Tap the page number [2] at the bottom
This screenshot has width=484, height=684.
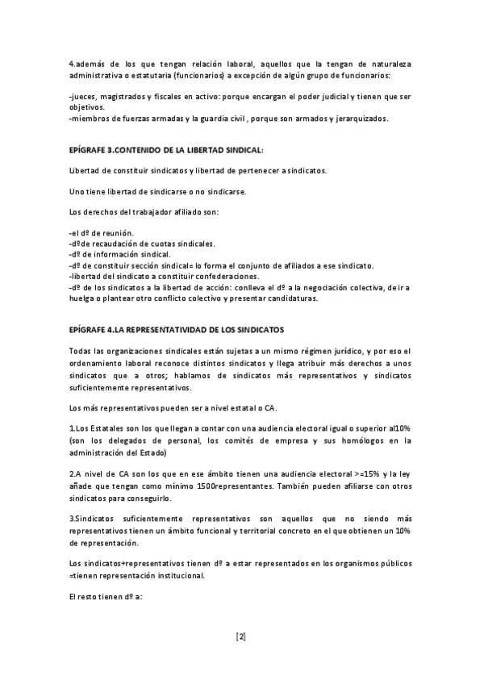(241, 636)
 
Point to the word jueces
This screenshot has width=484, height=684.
(83, 97)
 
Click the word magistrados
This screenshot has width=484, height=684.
(123, 97)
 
